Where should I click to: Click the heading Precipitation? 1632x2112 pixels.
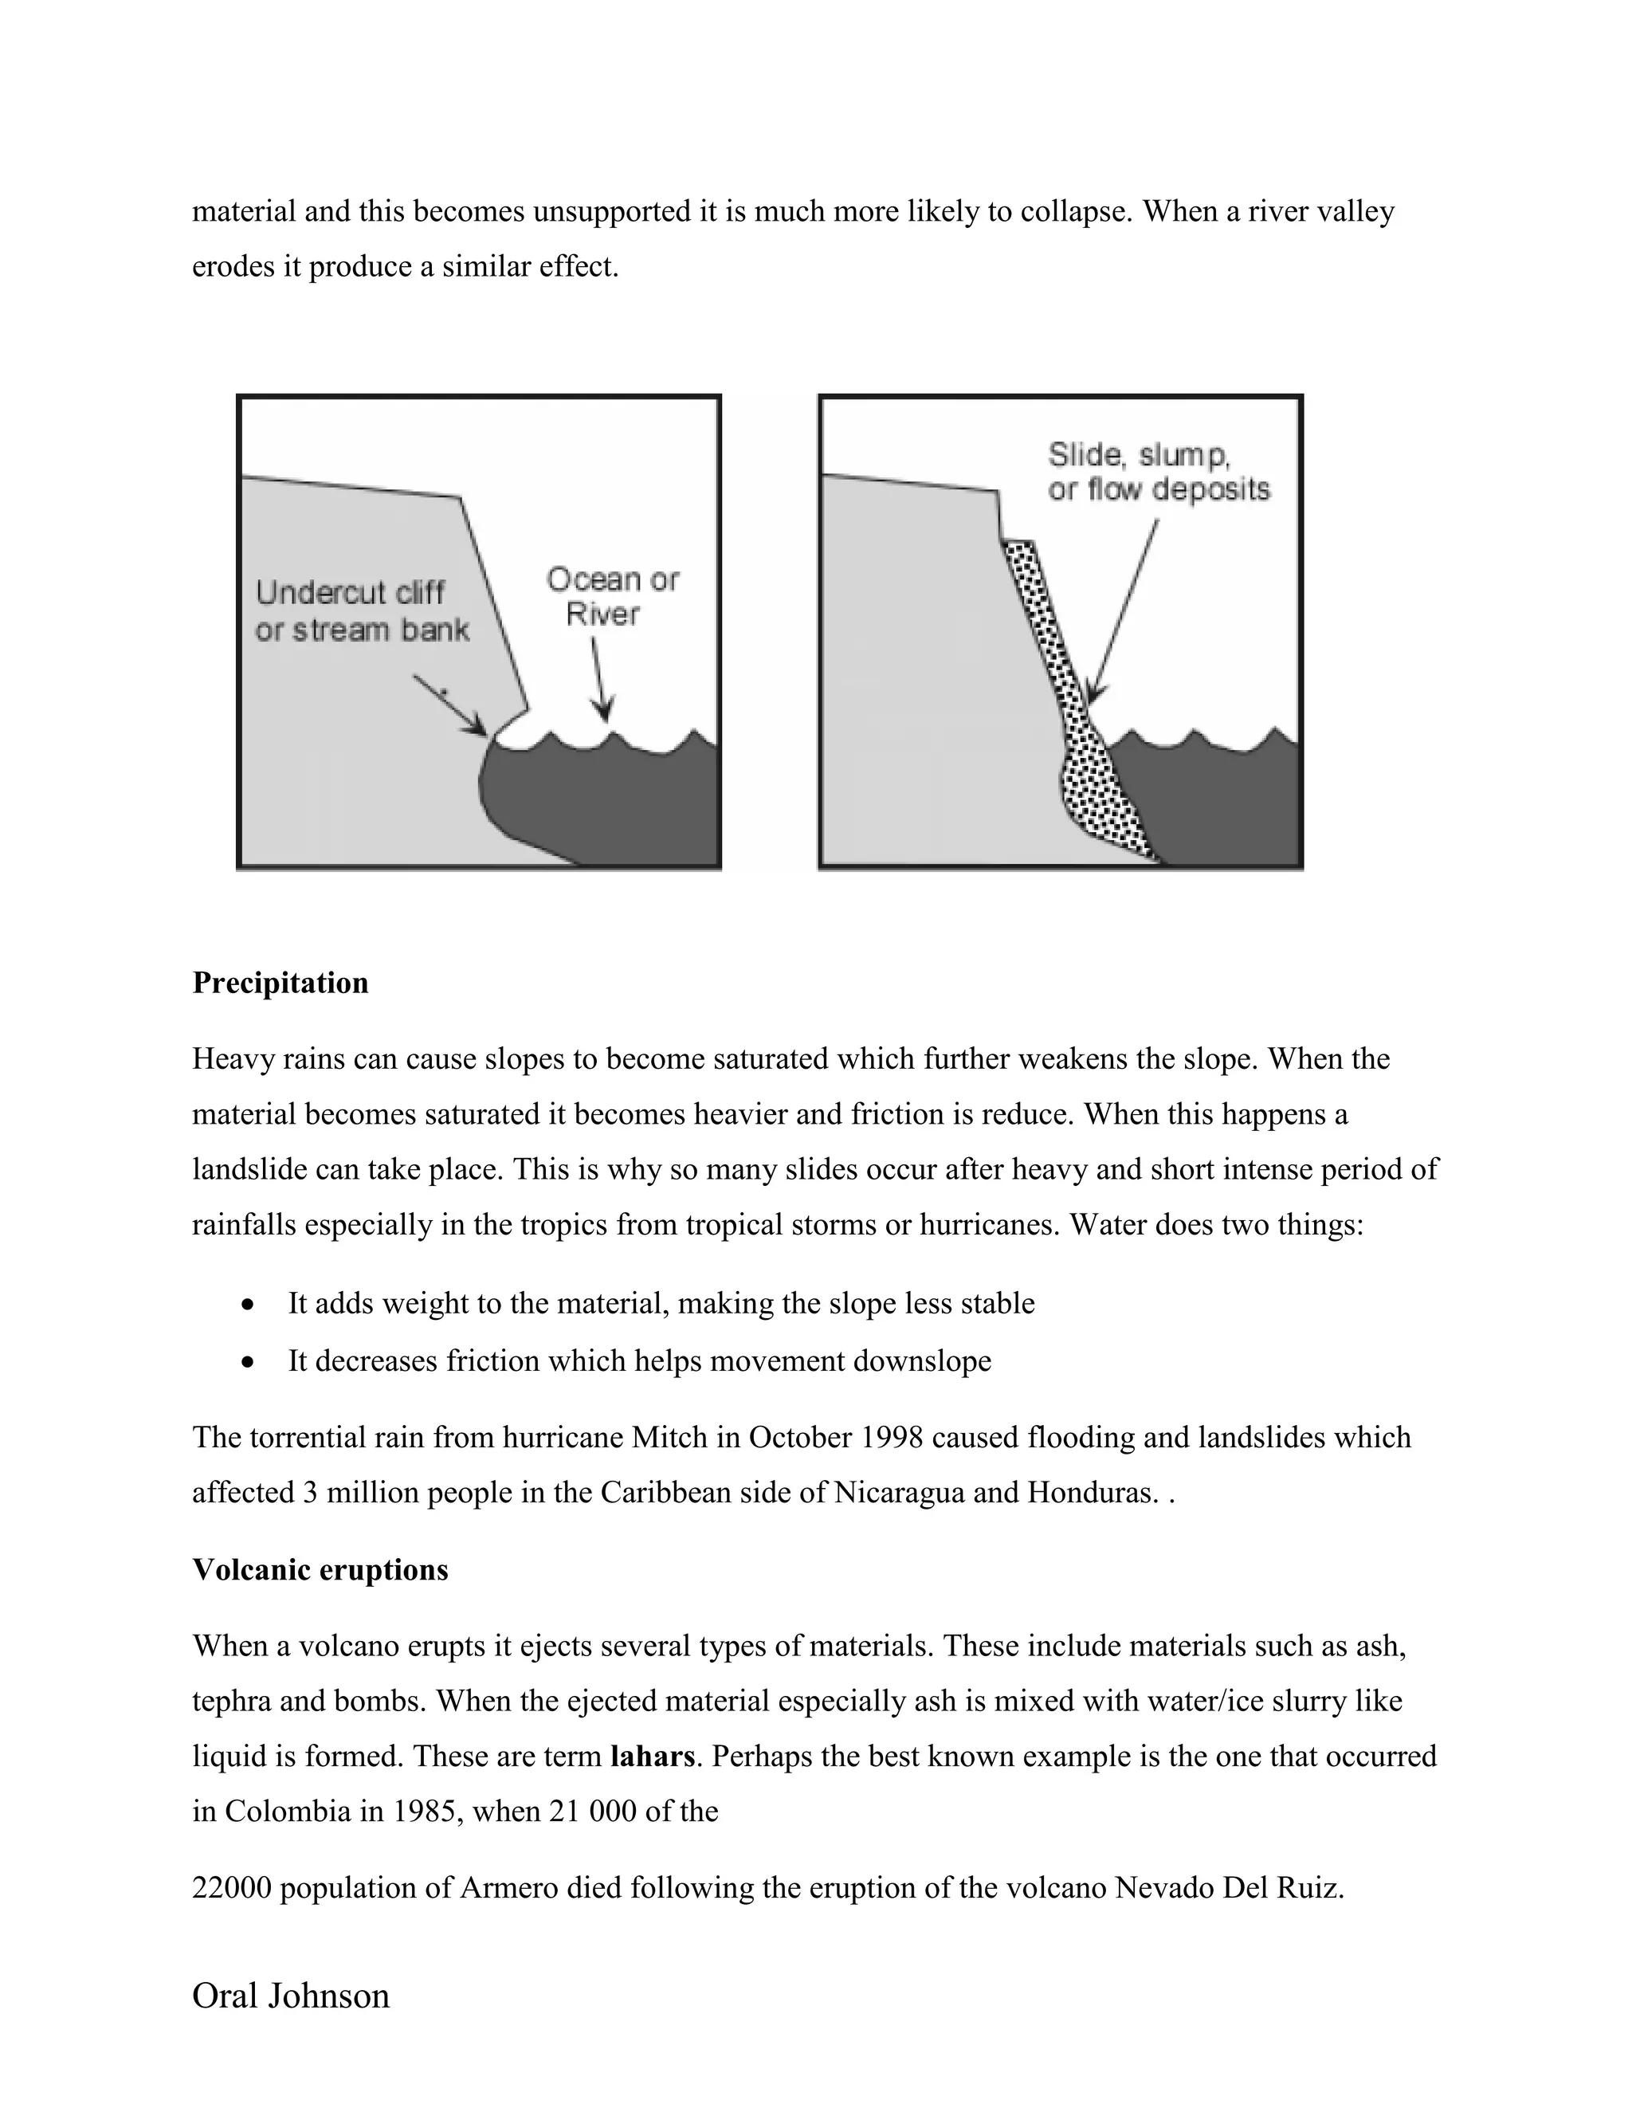click(280, 983)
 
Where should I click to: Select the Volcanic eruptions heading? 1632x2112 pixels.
click(320, 1569)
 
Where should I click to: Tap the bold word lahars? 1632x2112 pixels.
click(653, 1756)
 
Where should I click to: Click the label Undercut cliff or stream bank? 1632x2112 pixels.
click(361, 611)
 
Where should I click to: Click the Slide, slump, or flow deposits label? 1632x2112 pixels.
click(1158, 472)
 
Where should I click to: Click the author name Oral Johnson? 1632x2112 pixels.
click(291, 1996)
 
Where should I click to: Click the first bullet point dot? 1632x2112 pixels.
click(249, 1305)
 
